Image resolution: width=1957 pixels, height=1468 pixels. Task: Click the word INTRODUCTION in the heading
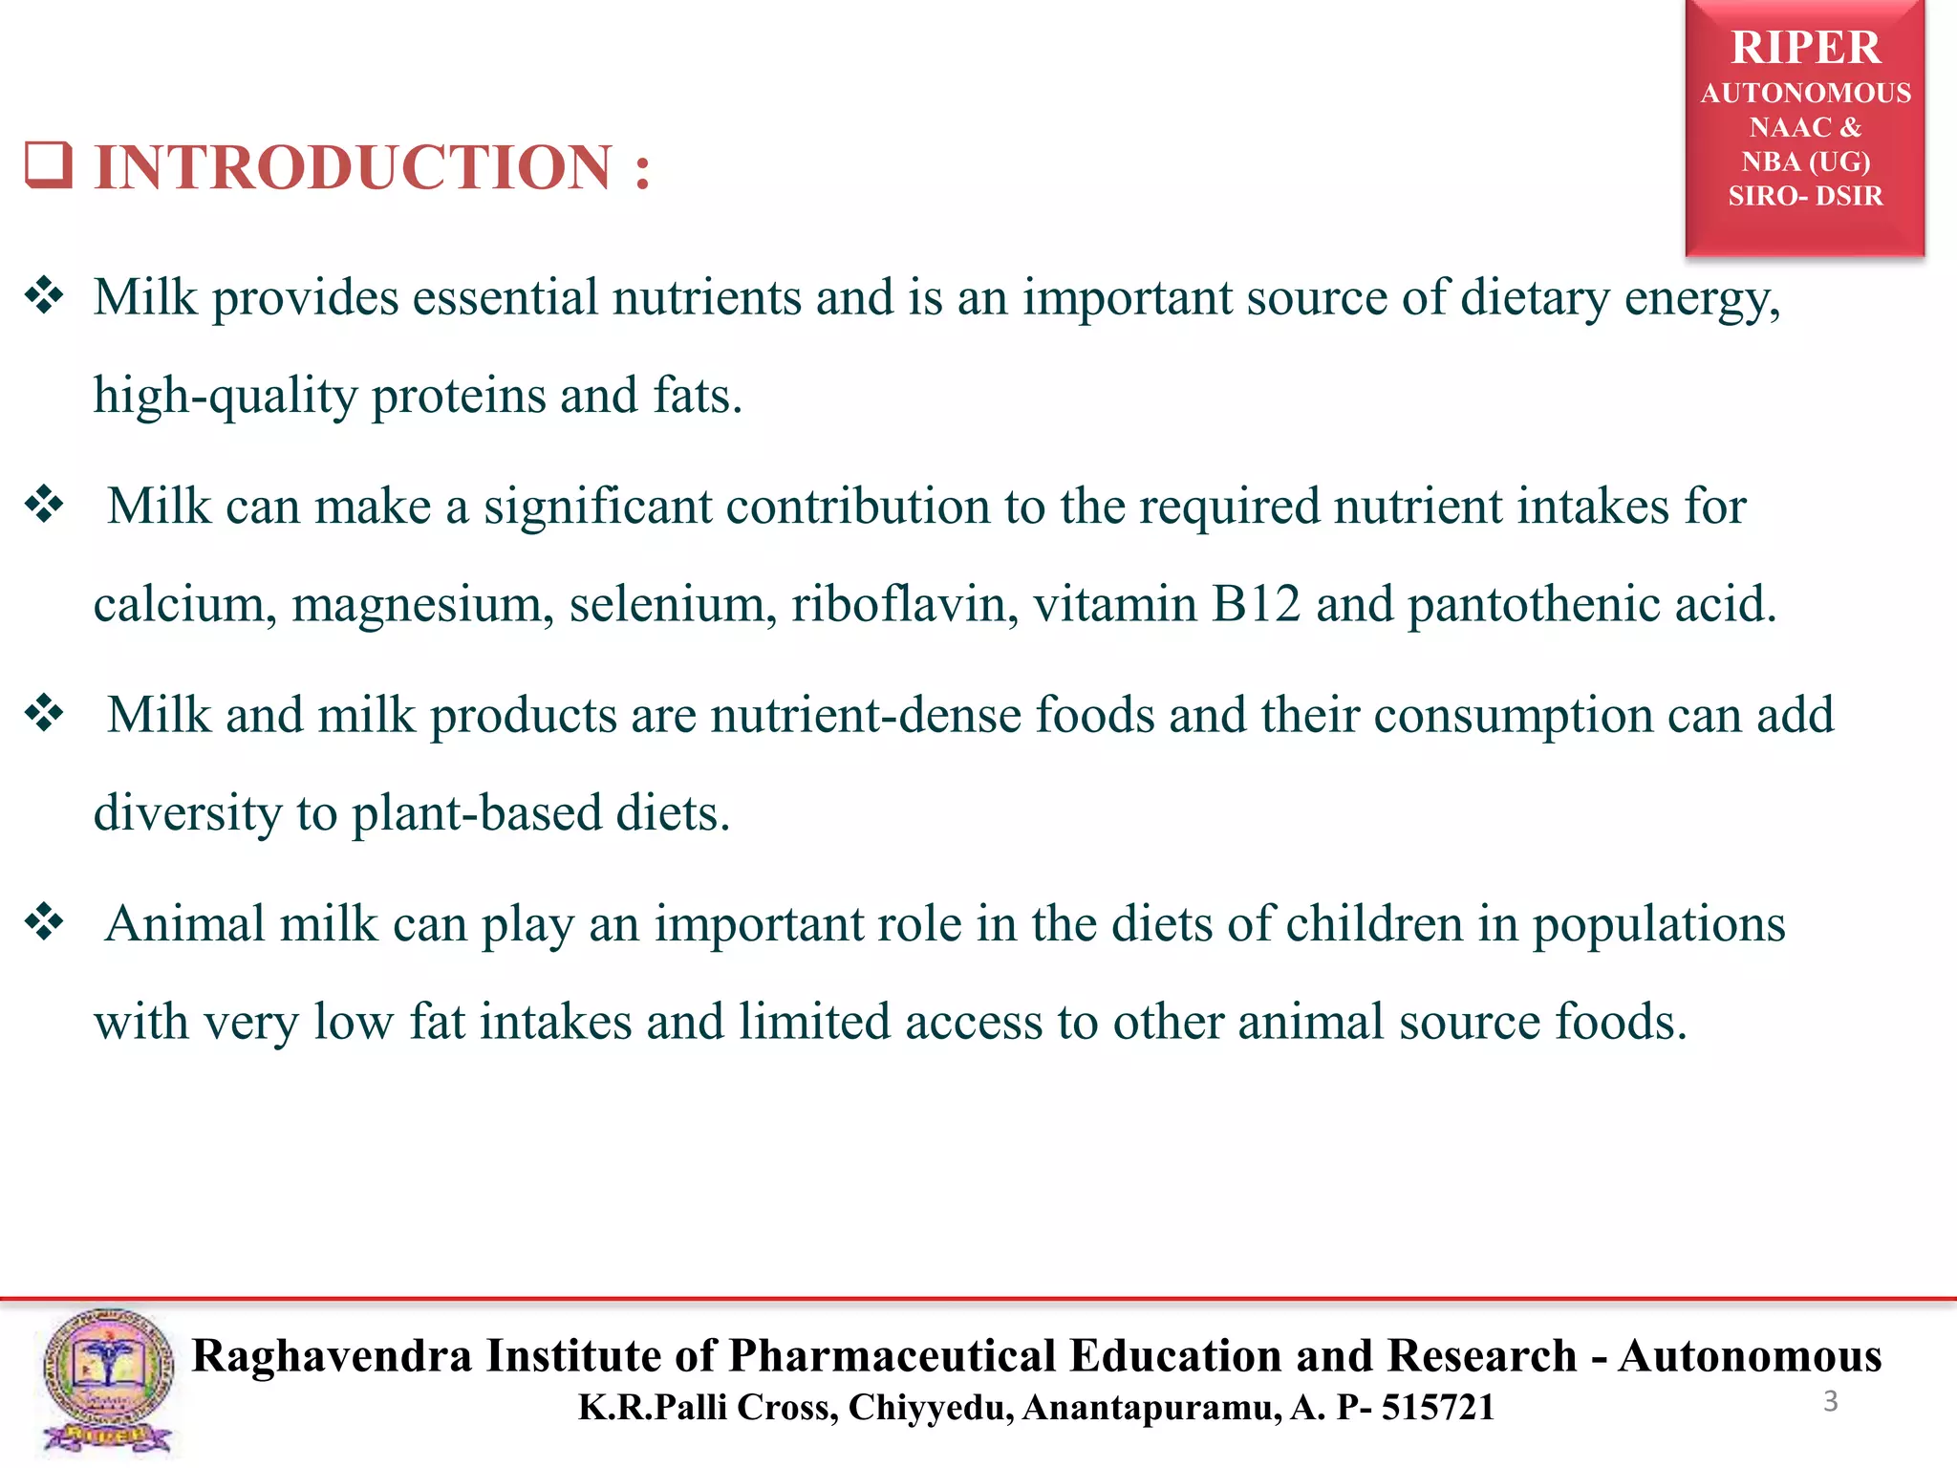pos(353,168)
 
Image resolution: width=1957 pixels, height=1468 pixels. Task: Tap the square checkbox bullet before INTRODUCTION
pos(48,164)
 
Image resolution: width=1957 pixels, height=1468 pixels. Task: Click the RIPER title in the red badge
pos(1805,48)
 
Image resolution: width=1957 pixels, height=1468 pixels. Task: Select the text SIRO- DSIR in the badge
pos(1805,196)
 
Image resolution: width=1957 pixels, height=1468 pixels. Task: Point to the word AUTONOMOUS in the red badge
pos(1805,94)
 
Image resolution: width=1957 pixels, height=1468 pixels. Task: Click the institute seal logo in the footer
pos(108,1380)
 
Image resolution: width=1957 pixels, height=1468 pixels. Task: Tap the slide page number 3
pos(1831,1401)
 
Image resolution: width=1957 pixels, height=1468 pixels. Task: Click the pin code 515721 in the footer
pos(1438,1408)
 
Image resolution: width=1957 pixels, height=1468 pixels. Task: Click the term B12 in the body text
pos(1256,604)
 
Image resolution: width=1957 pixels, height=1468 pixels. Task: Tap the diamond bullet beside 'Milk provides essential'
pos(44,295)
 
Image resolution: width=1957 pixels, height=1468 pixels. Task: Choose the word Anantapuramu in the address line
pos(1151,1408)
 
